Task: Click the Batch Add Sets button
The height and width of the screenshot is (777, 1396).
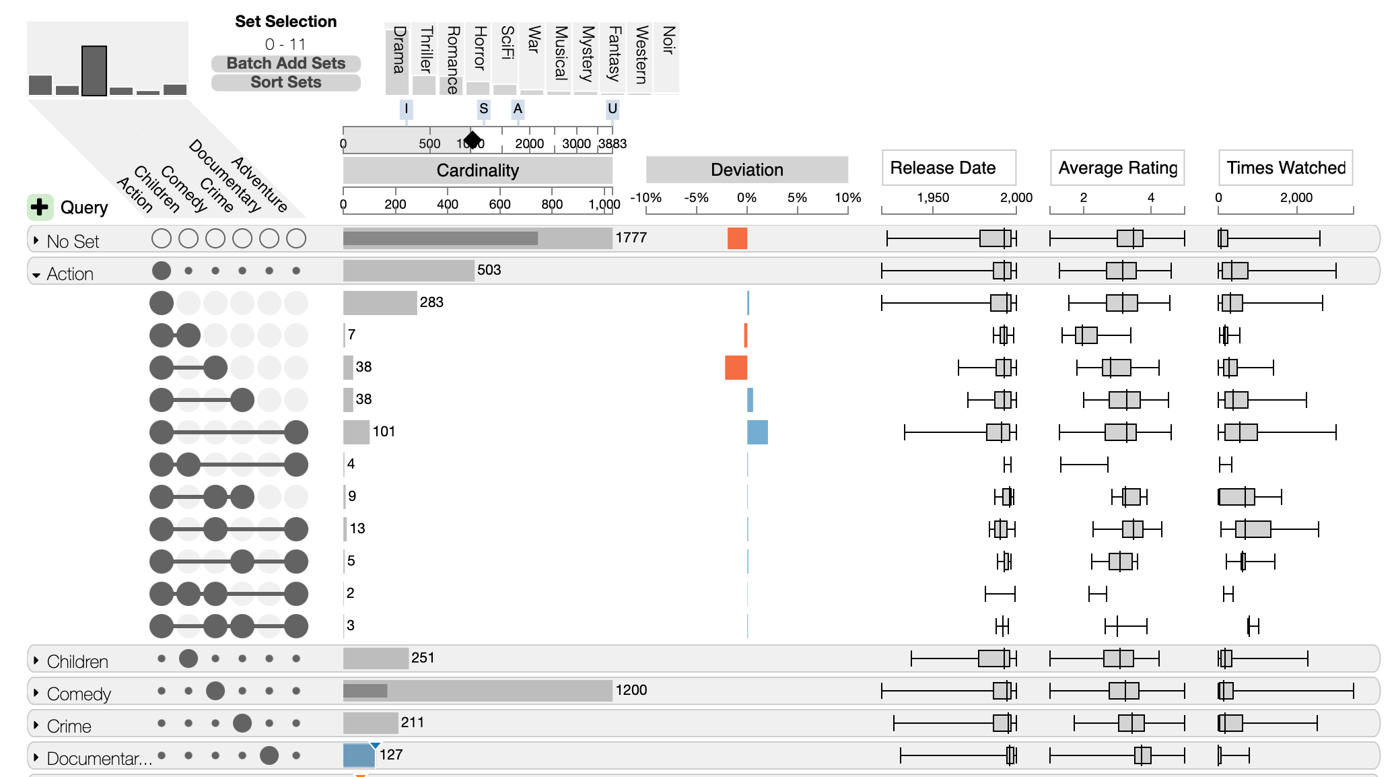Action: [x=285, y=63]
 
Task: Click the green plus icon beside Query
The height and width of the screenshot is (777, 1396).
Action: [x=40, y=207]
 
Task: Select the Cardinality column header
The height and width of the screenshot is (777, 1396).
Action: [x=477, y=170]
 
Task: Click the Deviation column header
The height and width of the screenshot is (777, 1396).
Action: [x=746, y=170]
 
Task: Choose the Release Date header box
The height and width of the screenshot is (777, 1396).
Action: [x=948, y=168]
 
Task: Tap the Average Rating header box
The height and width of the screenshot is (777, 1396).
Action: [x=1117, y=168]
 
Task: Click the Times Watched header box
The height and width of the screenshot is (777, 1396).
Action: [x=1285, y=168]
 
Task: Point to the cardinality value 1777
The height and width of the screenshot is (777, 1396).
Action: [x=631, y=238]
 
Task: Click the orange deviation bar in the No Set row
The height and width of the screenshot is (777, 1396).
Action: [x=737, y=238]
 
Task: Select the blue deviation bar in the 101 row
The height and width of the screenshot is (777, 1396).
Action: [x=757, y=432]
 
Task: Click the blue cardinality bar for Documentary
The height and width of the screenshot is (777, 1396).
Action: [x=358, y=755]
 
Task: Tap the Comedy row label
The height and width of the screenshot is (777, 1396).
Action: [x=79, y=694]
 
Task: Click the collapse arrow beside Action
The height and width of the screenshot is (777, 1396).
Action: [x=36, y=275]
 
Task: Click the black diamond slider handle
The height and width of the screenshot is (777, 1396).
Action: [x=473, y=140]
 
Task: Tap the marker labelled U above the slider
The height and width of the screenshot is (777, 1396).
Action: [x=612, y=108]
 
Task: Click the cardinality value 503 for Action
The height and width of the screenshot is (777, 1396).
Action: [x=489, y=270]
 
